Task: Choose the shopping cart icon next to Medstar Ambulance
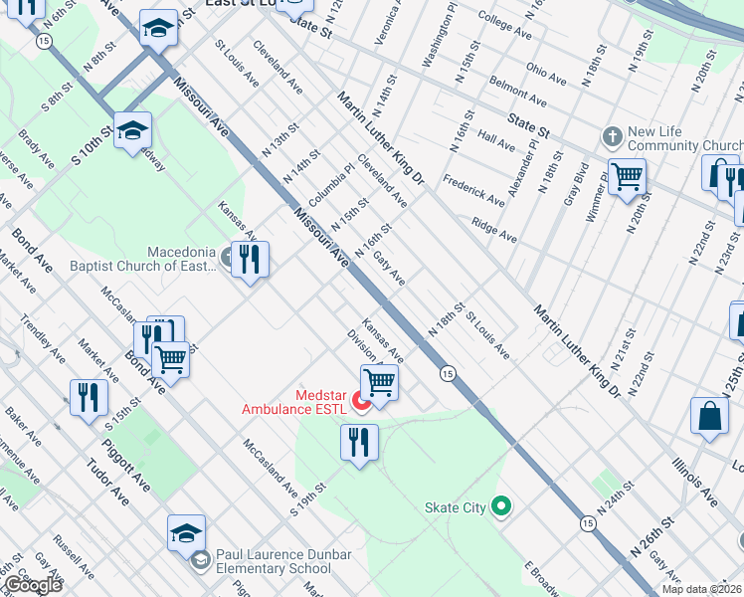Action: tap(379, 381)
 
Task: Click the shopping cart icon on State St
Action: tap(627, 177)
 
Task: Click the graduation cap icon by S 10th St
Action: tap(132, 130)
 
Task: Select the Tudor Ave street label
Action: tap(106, 482)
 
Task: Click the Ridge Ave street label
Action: tap(494, 230)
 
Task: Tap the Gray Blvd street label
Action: tap(575, 183)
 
